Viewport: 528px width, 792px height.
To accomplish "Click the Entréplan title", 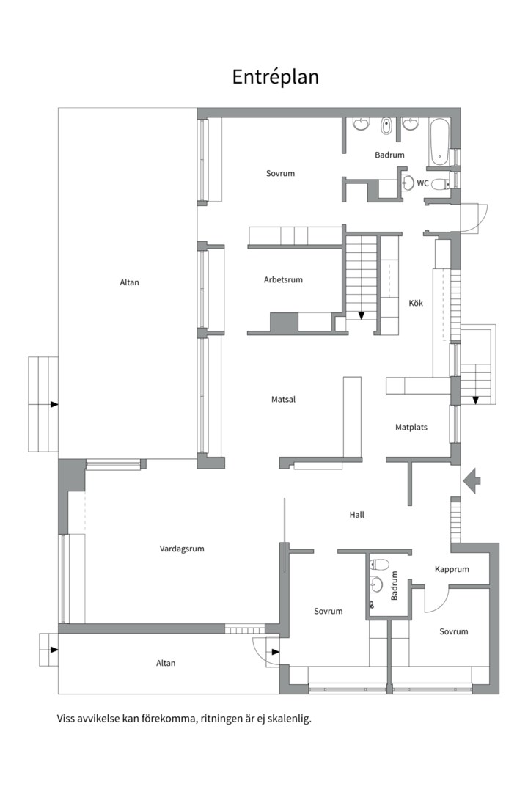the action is point(276,77).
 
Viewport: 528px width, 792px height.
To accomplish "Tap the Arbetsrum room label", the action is point(283,279).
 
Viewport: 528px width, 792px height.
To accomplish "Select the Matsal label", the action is point(284,399).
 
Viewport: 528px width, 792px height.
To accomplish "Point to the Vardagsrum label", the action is point(182,549).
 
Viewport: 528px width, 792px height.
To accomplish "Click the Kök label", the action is point(416,303).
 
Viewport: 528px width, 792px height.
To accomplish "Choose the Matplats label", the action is point(411,428).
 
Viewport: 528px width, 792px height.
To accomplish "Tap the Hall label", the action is point(356,515).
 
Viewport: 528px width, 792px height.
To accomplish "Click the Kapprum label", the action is point(452,569).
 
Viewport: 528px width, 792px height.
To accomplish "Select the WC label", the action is point(422,183).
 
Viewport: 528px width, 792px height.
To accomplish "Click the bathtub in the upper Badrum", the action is point(439,142).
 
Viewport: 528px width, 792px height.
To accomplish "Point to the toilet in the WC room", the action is point(440,184).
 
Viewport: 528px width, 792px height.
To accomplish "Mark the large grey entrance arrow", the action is point(472,480).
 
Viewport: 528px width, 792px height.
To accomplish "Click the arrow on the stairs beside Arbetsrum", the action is point(362,315).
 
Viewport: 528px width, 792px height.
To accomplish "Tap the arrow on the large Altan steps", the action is point(54,405).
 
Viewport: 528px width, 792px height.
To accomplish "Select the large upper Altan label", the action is point(129,282).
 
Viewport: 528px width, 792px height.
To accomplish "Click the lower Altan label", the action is point(166,663).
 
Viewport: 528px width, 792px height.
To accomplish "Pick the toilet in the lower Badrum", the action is point(379,564).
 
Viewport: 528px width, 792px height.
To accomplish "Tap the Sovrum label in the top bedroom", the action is point(280,173).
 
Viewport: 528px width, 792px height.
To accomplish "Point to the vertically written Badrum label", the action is point(395,585).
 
